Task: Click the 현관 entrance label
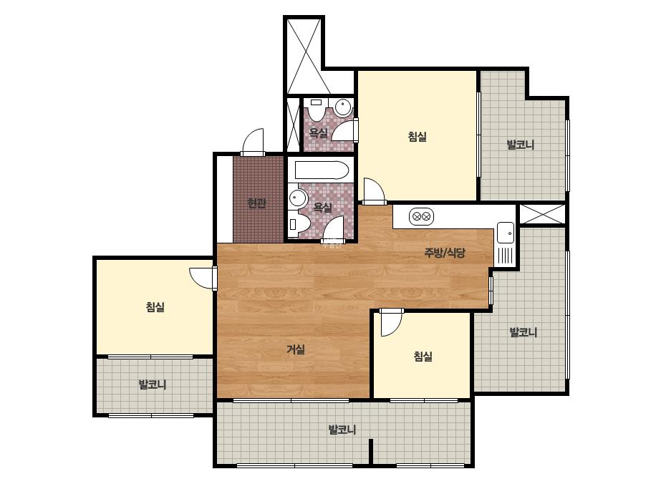(x=256, y=203)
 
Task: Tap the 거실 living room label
(x=296, y=349)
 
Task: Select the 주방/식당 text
(x=445, y=253)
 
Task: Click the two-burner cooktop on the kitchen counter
(x=421, y=217)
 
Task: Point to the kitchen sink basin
(x=506, y=232)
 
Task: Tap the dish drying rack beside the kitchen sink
(x=506, y=256)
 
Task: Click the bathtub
(x=322, y=170)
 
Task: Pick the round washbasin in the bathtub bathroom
(x=299, y=198)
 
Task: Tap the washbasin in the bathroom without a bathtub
(x=344, y=107)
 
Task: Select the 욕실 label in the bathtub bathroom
(x=322, y=208)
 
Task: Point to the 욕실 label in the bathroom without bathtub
(x=318, y=134)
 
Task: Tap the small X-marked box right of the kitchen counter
(x=541, y=214)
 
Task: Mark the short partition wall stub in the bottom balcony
(x=371, y=452)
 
